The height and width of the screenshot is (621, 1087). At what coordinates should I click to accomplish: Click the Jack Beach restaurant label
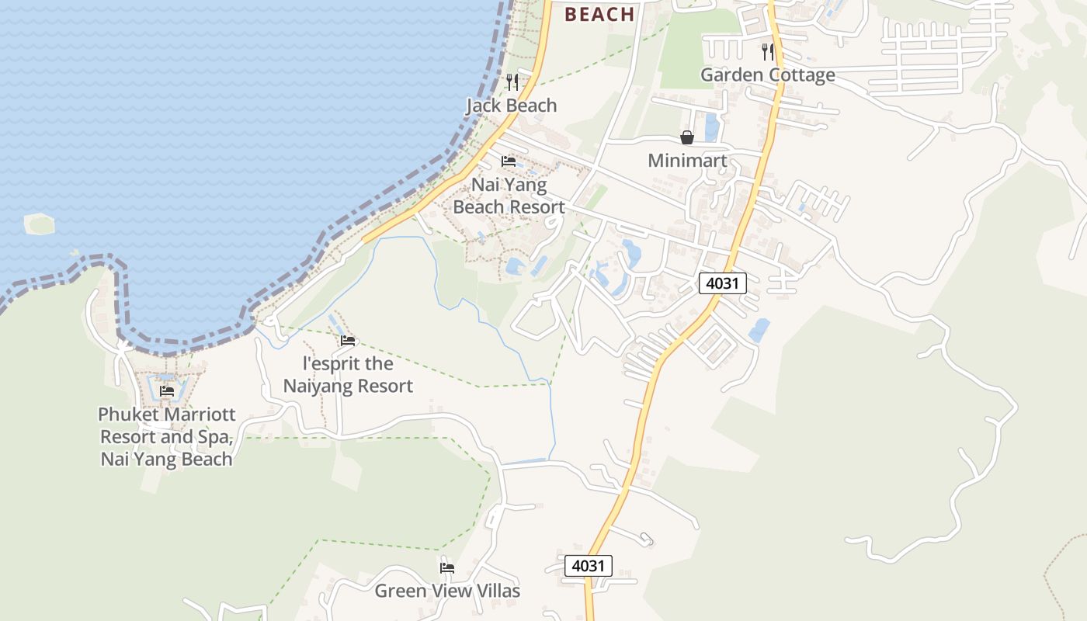(511, 106)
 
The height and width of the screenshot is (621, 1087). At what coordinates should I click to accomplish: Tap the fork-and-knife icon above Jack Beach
(512, 82)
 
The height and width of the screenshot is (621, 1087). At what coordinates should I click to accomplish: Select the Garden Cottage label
(767, 75)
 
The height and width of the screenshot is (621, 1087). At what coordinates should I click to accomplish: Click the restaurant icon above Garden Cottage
(767, 52)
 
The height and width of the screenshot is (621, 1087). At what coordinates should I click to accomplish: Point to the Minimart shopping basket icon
(687, 138)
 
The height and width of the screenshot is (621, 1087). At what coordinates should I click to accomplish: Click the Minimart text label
(687, 161)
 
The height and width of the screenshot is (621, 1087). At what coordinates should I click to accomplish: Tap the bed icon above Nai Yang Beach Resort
(509, 161)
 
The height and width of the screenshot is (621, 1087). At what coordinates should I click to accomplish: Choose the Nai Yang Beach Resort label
(509, 196)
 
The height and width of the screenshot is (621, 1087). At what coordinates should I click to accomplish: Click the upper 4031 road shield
(722, 283)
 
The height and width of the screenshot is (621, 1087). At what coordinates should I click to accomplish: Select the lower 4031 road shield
(588, 566)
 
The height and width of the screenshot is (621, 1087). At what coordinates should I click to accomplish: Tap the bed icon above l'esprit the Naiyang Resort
(348, 340)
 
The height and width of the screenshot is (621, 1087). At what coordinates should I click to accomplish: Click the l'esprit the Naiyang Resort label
(348, 374)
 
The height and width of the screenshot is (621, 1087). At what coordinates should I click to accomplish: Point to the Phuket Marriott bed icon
(167, 391)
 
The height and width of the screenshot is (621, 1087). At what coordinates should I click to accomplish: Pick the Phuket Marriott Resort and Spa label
(167, 436)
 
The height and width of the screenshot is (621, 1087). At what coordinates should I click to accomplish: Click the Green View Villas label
(447, 591)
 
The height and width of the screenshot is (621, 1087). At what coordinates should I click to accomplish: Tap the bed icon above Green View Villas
(447, 567)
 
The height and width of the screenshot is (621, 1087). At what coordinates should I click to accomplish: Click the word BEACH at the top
(599, 14)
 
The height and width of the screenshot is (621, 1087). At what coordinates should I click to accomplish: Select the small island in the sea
(40, 224)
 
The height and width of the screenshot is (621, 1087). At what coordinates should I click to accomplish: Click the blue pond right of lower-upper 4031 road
(759, 330)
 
